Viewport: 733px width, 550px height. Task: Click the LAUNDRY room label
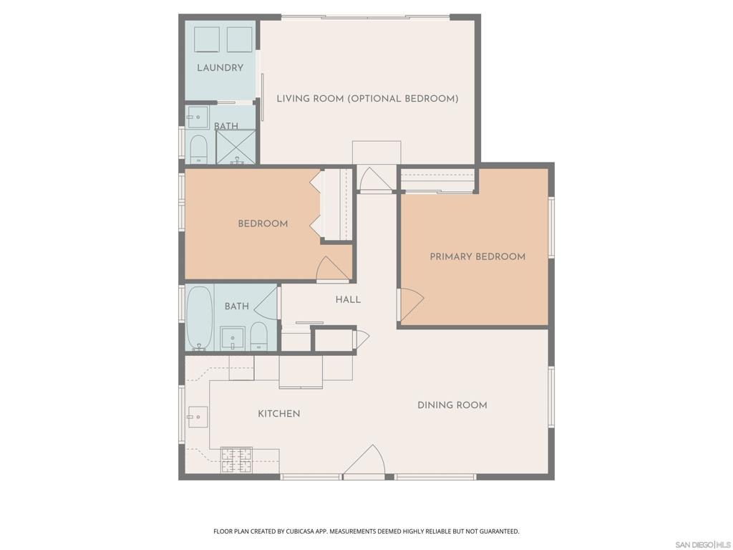(x=220, y=68)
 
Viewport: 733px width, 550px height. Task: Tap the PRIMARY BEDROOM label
(x=477, y=256)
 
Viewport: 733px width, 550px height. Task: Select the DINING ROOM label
(x=452, y=405)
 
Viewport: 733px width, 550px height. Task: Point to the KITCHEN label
(x=279, y=413)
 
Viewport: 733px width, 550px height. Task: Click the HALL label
(x=348, y=299)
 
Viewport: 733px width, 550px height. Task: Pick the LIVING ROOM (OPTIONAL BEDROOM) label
(x=367, y=99)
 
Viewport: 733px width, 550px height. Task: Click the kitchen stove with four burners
(x=236, y=460)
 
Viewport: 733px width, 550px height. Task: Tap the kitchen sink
(x=198, y=417)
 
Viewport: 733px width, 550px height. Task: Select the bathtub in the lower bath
(x=199, y=318)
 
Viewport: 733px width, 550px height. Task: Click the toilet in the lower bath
(x=258, y=337)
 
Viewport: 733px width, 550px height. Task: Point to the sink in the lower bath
(x=232, y=339)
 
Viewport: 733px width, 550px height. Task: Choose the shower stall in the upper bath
(x=236, y=147)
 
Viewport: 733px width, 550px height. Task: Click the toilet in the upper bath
(x=199, y=149)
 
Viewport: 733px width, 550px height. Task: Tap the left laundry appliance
(x=207, y=39)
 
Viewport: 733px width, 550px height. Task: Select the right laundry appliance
(x=239, y=39)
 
